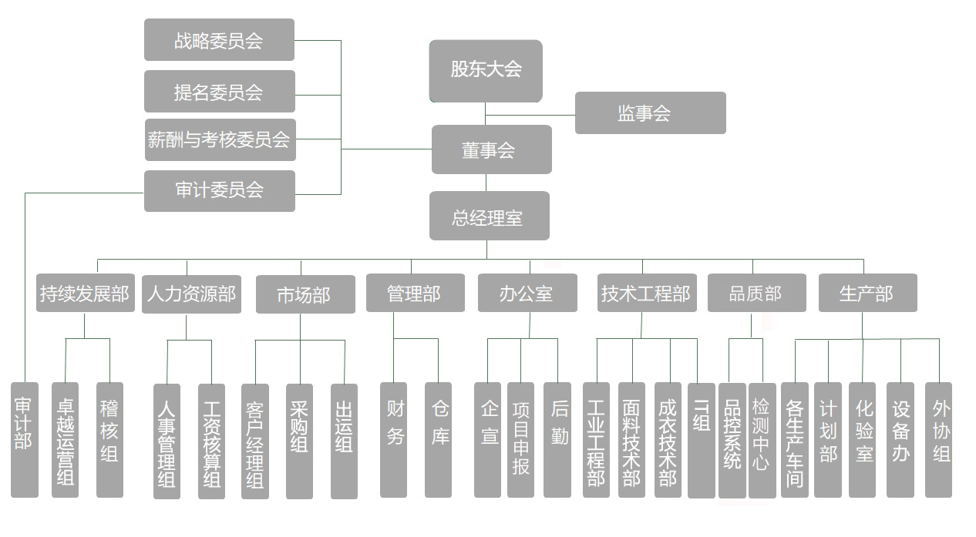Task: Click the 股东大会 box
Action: pos(486,70)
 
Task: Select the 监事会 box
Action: pos(650,113)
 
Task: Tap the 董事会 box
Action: pos(491,149)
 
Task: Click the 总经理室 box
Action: pos(489,216)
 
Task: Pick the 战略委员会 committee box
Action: pos(219,40)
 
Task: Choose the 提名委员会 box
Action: pos(219,92)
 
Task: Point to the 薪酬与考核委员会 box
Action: pos(219,140)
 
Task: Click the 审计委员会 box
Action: pos(219,190)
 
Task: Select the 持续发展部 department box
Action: pos(85,294)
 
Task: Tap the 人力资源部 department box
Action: pos(192,294)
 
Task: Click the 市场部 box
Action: pos(305,295)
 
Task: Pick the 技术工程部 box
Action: pos(647,294)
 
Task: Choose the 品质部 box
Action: pos(756,294)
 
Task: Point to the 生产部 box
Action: pos(867,294)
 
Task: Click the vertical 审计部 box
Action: pos(24,439)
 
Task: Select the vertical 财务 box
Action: pos(394,439)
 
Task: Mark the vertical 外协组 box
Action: pos(939,439)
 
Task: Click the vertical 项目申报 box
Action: pos(520,439)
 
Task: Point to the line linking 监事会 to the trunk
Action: pos(530,115)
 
